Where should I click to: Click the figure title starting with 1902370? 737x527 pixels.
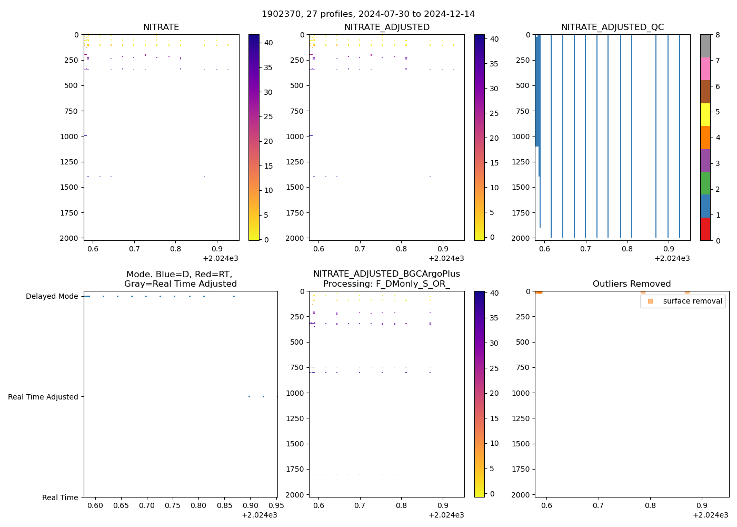(x=368, y=14)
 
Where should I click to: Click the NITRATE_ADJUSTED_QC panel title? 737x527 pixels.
(x=612, y=27)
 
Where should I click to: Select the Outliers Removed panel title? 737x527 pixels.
(x=632, y=284)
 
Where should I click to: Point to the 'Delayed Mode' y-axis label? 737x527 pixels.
(x=52, y=296)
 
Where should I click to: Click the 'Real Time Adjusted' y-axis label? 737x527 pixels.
(x=43, y=397)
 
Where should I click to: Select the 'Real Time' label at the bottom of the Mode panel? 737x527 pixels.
(x=60, y=497)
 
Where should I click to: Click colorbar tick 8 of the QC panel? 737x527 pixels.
(x=716, y=35)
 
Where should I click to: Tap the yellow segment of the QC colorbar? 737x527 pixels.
(x=705, y=114)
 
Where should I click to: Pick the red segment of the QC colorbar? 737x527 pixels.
(x=705, y=229)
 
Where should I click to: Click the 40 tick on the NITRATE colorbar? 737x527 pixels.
(x=268, y=43)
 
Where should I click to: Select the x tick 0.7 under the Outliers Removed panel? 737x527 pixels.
(x=598, y=505)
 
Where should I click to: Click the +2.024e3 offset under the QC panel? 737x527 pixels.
(x=672, y=258)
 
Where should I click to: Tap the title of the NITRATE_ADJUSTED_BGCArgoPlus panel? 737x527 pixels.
(x=386, y=279)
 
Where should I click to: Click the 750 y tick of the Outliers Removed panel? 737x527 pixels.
(x=523, y=367)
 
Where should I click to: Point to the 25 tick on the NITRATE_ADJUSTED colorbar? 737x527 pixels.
(x=494, y=113)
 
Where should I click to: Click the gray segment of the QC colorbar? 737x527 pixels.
(x=705, y=46)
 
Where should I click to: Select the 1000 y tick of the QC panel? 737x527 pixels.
(x=520, y=136)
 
